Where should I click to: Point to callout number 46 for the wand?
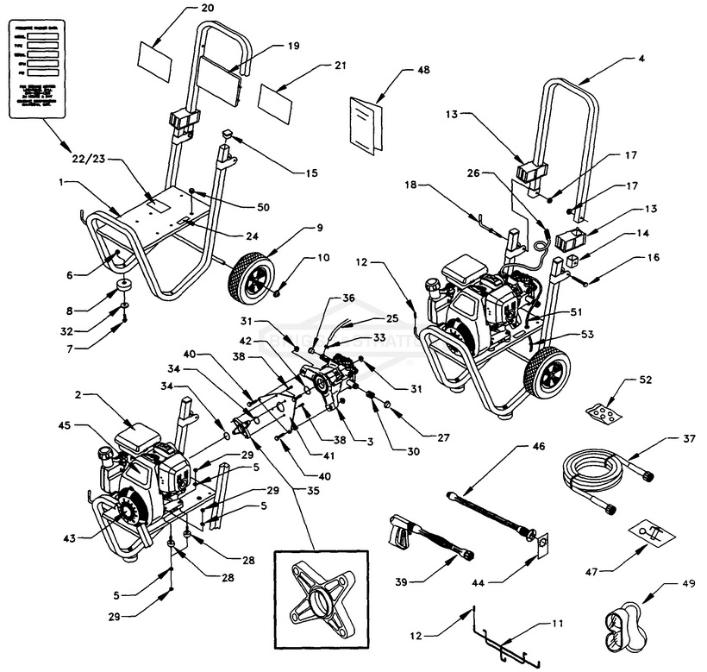pyautogui.click(x=541, y=447)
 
